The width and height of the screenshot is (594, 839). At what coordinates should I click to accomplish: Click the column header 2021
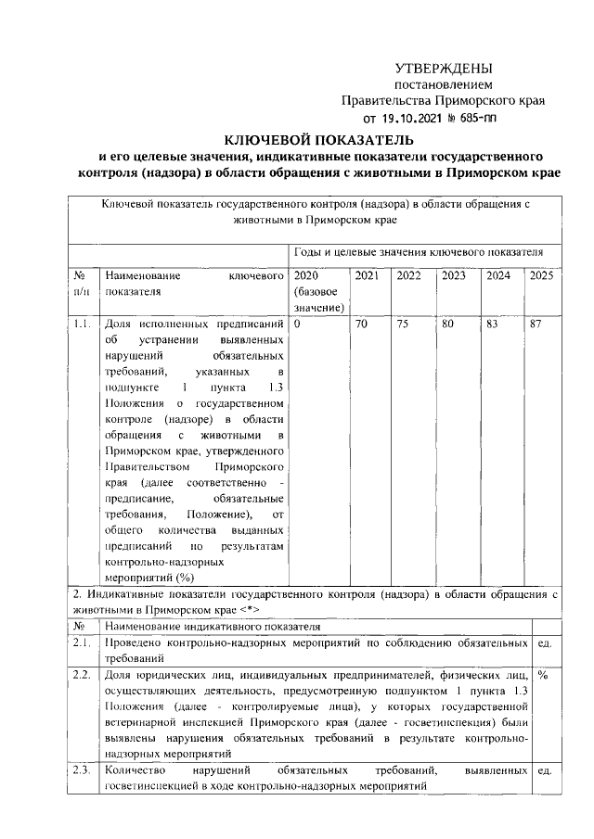coord(367,275)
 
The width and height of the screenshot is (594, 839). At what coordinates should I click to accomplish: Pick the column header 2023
coord(454,275)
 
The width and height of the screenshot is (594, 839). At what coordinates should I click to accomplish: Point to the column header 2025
coord(540,275)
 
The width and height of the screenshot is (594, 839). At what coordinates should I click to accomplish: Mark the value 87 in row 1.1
coord(535,325)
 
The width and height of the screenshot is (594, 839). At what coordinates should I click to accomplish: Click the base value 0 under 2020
coord(296,325)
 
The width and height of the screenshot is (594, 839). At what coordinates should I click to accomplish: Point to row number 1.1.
coord(82,325)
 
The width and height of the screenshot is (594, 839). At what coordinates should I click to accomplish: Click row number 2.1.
coord(82,642)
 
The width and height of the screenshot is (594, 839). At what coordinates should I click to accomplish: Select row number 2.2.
coord(82,676)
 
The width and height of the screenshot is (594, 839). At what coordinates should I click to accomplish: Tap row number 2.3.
coord(82,770)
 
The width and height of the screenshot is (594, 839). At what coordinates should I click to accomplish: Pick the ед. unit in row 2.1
coord(545,642)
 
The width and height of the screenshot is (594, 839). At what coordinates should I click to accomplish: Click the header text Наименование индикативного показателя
coord(213,626)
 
